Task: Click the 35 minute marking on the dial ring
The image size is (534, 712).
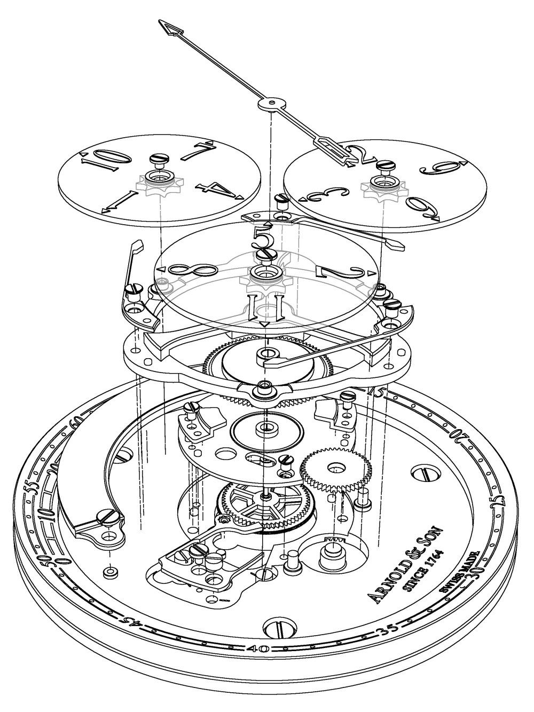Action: tap(389, 633)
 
